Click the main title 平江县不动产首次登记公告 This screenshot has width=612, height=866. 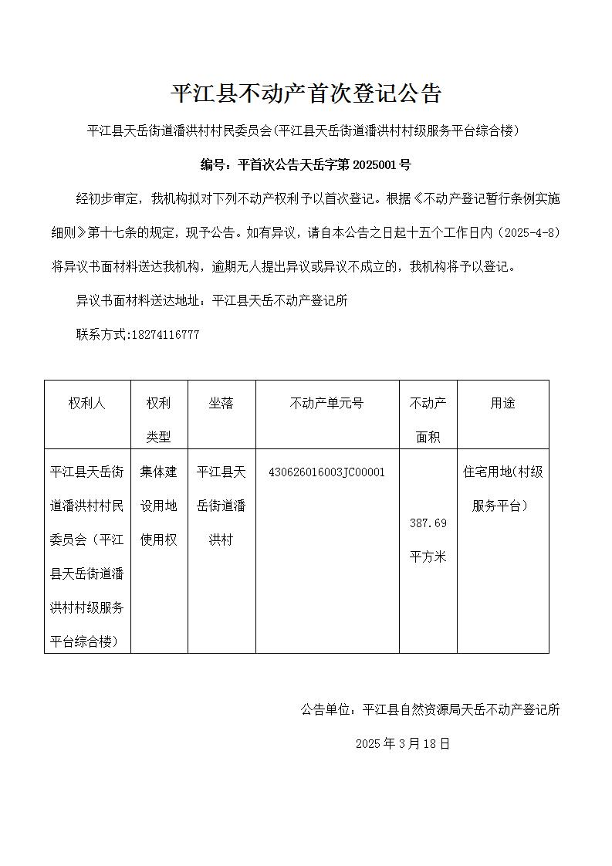coord(306,94)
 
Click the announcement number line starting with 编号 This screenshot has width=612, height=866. coord(306,164)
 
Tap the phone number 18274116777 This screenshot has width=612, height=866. coord(166,335)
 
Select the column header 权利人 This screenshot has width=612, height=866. coord(87,404)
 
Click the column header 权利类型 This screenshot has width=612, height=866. coord(159,420)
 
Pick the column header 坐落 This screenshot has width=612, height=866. coord(221,404)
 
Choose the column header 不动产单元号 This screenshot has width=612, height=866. coord(327,404)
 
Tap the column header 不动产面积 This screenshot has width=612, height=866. coord(428,420)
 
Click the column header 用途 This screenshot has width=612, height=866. coord(502,404)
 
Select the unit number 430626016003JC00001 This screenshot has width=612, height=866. coord(326,472)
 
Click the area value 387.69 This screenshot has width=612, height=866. coord(428,523)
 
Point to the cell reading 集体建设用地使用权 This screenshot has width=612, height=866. coord(159,506)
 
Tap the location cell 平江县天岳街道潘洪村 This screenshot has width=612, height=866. coord(221,506)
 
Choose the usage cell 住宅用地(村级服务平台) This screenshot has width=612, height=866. coord(502,489)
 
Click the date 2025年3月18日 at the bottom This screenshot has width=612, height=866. coord(402,744)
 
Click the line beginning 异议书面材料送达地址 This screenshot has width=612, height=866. coord(212,301)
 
